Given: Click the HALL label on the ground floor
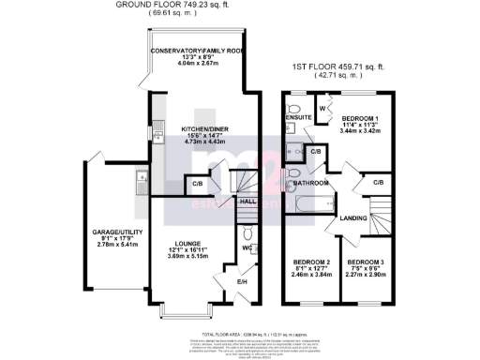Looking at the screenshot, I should tap(247, 200).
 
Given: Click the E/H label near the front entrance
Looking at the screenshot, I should tap(242, 282).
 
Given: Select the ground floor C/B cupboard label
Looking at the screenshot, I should tap(198, 183).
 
